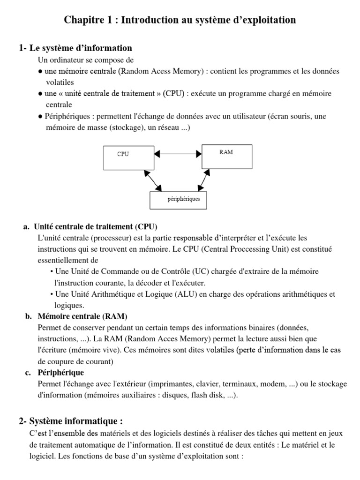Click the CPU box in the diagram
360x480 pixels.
(x=128, y=157)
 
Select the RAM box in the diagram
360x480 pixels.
(x=227, y=156)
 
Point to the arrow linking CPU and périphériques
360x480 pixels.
(x=153, y=180)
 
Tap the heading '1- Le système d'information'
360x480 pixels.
(x=75, y=48)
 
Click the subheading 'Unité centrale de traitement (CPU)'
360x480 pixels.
(x=96, y=226)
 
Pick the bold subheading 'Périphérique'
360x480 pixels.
(x=60, y=373)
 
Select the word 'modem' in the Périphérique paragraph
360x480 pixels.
(x=272, y=384)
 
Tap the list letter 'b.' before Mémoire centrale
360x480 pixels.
(x=28, y=316)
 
